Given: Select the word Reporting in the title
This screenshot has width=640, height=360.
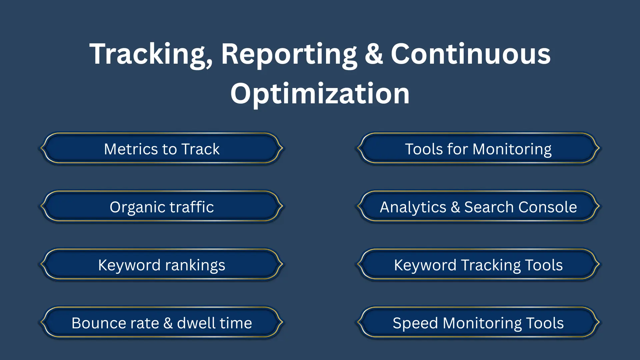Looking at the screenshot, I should [289, 54].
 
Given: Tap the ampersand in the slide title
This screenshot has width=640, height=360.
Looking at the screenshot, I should [374, 54].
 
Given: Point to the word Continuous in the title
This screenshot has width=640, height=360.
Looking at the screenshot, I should [470, 54].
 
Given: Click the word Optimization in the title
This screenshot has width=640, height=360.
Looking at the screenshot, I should [320, 94].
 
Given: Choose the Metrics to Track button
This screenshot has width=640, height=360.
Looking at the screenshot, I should [162, 149].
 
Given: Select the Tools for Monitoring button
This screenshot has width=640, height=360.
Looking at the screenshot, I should [478, 149].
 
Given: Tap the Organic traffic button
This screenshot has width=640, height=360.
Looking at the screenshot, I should [162, 207].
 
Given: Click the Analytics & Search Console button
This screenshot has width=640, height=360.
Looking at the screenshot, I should [478, 207].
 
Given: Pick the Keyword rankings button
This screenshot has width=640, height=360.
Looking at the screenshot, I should [162, 265].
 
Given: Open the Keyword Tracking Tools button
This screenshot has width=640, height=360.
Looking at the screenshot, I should [478, 265].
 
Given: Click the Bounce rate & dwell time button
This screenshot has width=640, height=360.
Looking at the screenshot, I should [162, 323].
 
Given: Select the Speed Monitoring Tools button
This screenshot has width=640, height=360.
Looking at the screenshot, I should [478, 323].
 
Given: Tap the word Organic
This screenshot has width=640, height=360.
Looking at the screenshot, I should [137, 207].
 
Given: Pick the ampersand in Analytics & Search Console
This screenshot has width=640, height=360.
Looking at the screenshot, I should [455, 207].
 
